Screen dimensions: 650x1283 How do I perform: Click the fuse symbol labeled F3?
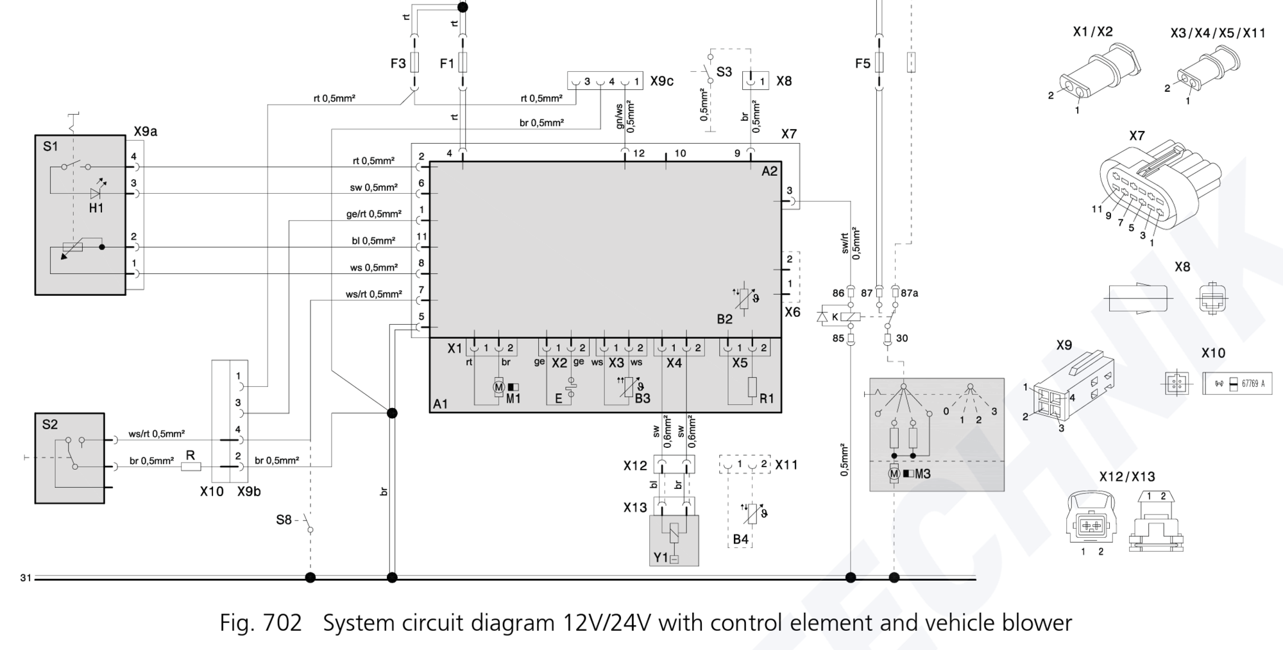414,63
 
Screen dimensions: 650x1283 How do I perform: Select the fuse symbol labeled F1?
463,63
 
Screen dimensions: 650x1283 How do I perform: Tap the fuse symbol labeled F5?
879,63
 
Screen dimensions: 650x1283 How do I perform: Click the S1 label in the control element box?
50,147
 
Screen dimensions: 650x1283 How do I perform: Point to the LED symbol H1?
96,193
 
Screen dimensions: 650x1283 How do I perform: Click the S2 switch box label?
50,425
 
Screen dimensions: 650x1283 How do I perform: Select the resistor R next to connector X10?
191,466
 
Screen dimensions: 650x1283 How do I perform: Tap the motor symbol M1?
498,388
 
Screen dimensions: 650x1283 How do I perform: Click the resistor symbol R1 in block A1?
752,387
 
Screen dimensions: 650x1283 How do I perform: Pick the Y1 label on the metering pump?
661,558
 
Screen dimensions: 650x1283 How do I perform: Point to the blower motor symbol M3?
894,474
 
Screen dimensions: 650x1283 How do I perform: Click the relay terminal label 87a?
910,293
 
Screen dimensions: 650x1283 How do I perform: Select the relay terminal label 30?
902,338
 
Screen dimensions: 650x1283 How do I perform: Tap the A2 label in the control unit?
769,171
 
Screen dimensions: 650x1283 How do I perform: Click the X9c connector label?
661,81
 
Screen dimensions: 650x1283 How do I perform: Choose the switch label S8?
284,520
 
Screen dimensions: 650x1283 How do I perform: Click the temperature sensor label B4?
740,539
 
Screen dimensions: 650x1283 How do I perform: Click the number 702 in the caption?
282,623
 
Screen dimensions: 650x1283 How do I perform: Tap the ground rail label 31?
26,578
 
